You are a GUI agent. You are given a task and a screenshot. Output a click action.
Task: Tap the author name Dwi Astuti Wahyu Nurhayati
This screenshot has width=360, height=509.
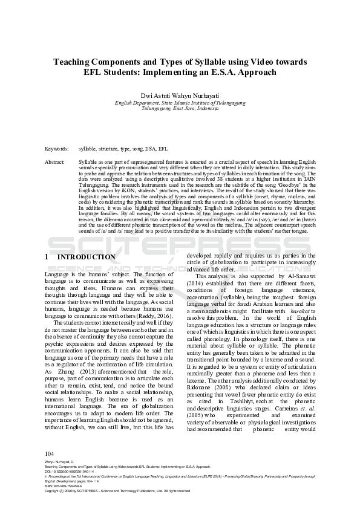click(179, 95)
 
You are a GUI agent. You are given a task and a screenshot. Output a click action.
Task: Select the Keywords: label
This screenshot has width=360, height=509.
click(56, 148)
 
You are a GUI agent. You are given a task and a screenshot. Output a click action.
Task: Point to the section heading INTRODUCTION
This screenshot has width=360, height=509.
click(85, 257)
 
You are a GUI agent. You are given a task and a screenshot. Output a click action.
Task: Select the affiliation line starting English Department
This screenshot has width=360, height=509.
click(179, 103)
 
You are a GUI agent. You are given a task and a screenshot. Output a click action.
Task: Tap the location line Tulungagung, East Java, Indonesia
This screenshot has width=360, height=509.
click(179, 109)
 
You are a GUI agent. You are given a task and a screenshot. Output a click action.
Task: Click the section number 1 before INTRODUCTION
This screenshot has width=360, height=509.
click(47, 257)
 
